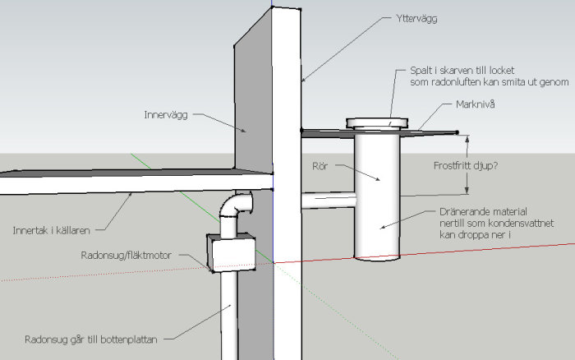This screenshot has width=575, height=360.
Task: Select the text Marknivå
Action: [x=475, y=105]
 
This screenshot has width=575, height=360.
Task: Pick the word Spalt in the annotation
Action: [x=423, y=72]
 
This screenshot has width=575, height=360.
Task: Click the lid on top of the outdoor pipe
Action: [x=375, y=123]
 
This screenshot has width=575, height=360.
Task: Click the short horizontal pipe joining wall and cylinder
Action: [x=328, y=200]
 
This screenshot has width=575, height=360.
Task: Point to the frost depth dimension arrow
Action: [x=467, y=164]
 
